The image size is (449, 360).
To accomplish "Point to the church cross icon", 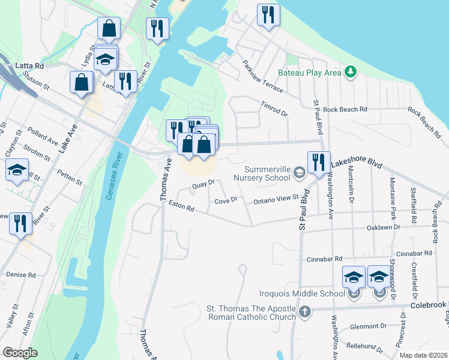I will coord(306,311).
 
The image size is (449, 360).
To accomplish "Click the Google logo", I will coord(20,352).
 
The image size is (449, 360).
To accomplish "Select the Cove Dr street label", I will coord(226,200).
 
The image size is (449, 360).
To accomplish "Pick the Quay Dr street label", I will coord(203,185).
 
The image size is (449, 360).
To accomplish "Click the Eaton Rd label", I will coord(181,208).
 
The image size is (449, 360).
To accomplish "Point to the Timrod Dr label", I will coord(274,107).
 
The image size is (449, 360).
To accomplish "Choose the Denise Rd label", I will coord(20,275).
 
